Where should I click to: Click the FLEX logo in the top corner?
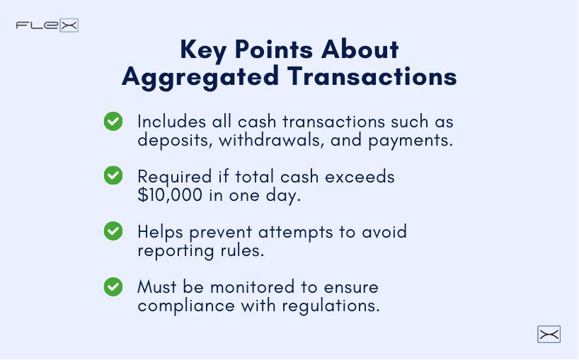(47, 25)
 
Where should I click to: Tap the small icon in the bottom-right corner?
(549, 335)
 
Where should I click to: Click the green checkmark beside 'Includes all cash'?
(113, 121)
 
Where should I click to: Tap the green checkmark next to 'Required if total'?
(113, 175)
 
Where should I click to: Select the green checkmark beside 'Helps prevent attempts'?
(113, 231)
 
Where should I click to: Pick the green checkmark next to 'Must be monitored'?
(113, 286)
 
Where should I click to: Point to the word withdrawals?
(265, 140)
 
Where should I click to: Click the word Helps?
(159, 231)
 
